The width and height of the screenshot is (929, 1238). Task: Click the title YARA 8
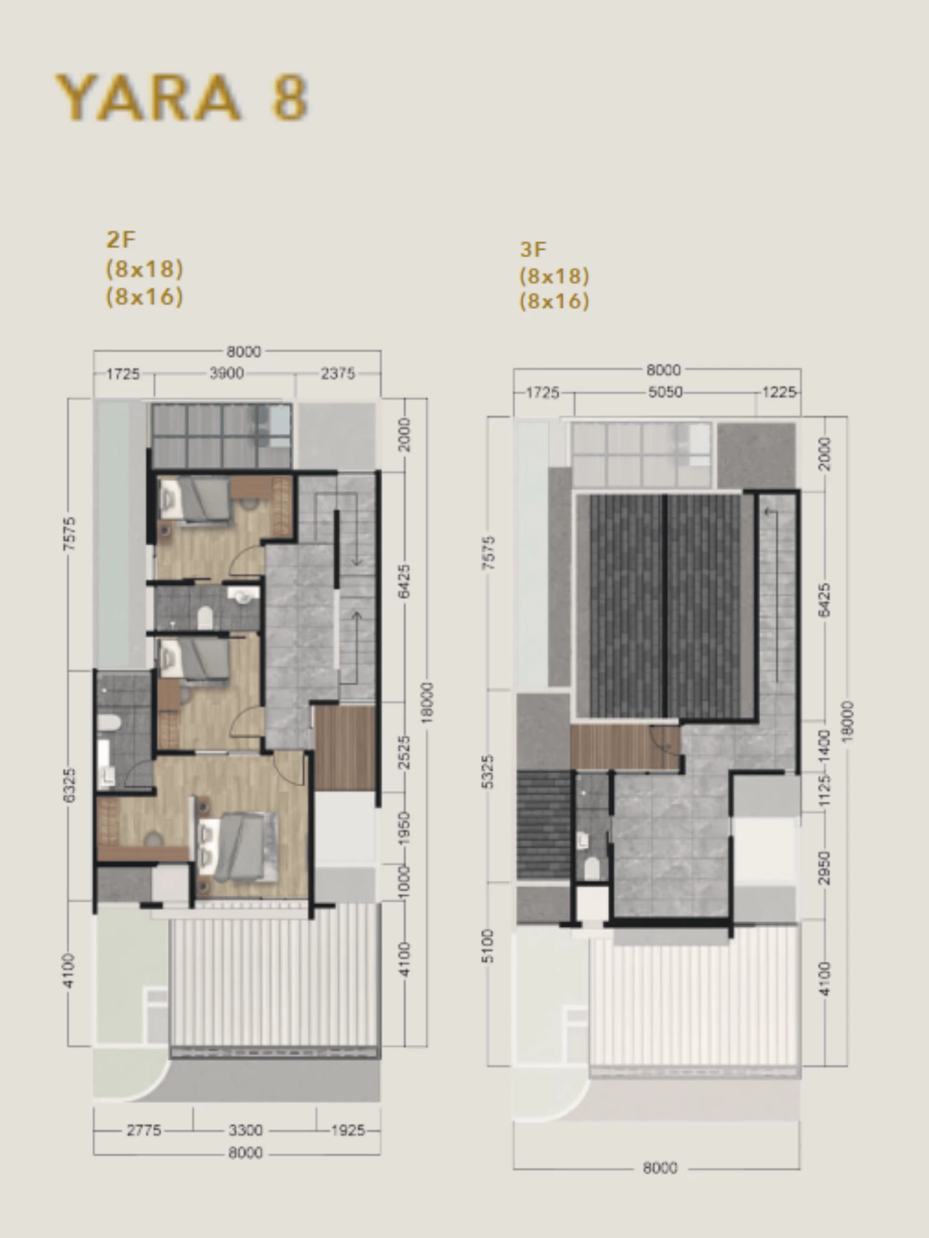pyautogui.click(x=181, y=97)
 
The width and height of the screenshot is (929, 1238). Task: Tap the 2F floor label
pyautogui.click(x=120, y=240)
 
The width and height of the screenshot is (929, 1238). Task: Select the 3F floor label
pyautogui.click(x=533, y=249)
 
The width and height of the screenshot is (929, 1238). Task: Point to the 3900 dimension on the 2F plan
pyautogui.click(x=227, y=374)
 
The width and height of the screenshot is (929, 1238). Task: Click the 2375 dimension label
pyautogui.click(x=337, y=374)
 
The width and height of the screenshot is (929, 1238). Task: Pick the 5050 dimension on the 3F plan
pyautogui.click(x=665, y=392)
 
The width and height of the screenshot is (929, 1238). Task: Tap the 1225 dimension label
pyautogui.click(x=779, y=392)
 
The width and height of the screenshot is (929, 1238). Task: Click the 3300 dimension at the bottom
pyautogui.click(x=246, y=1130)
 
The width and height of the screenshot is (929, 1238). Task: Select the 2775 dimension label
pyautogui.click(x=144, y=1130)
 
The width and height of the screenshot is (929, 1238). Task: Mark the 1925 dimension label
pyautogui.click(x=348, y=1130)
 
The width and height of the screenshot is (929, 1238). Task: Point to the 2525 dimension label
pyautogui.click(x=405, y=752)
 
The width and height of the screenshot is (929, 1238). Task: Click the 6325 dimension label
pyautogui.click(x=70, y=785)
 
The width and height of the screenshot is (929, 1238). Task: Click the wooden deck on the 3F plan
pyautogui.click(x=625, y=747)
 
